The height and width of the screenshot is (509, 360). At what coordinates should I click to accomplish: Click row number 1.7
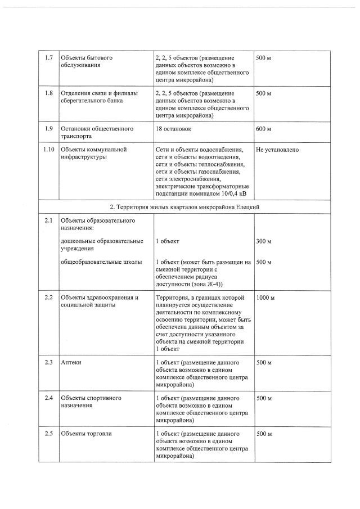48,58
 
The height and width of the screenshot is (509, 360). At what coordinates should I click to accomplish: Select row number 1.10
48,150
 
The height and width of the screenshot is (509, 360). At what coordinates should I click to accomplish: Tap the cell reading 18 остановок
173,129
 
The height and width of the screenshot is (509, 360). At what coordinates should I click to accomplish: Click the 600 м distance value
263,129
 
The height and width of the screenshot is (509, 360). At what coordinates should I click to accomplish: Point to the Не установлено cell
277,150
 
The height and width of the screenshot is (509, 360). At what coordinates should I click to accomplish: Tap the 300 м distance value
263,241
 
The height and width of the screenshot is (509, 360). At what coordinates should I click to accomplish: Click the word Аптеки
71,363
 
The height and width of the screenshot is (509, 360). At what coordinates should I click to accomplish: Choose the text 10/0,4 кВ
230,193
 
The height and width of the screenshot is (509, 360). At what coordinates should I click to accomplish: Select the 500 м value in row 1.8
263,93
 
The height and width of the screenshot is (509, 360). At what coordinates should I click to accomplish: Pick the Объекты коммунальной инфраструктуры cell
93,153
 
